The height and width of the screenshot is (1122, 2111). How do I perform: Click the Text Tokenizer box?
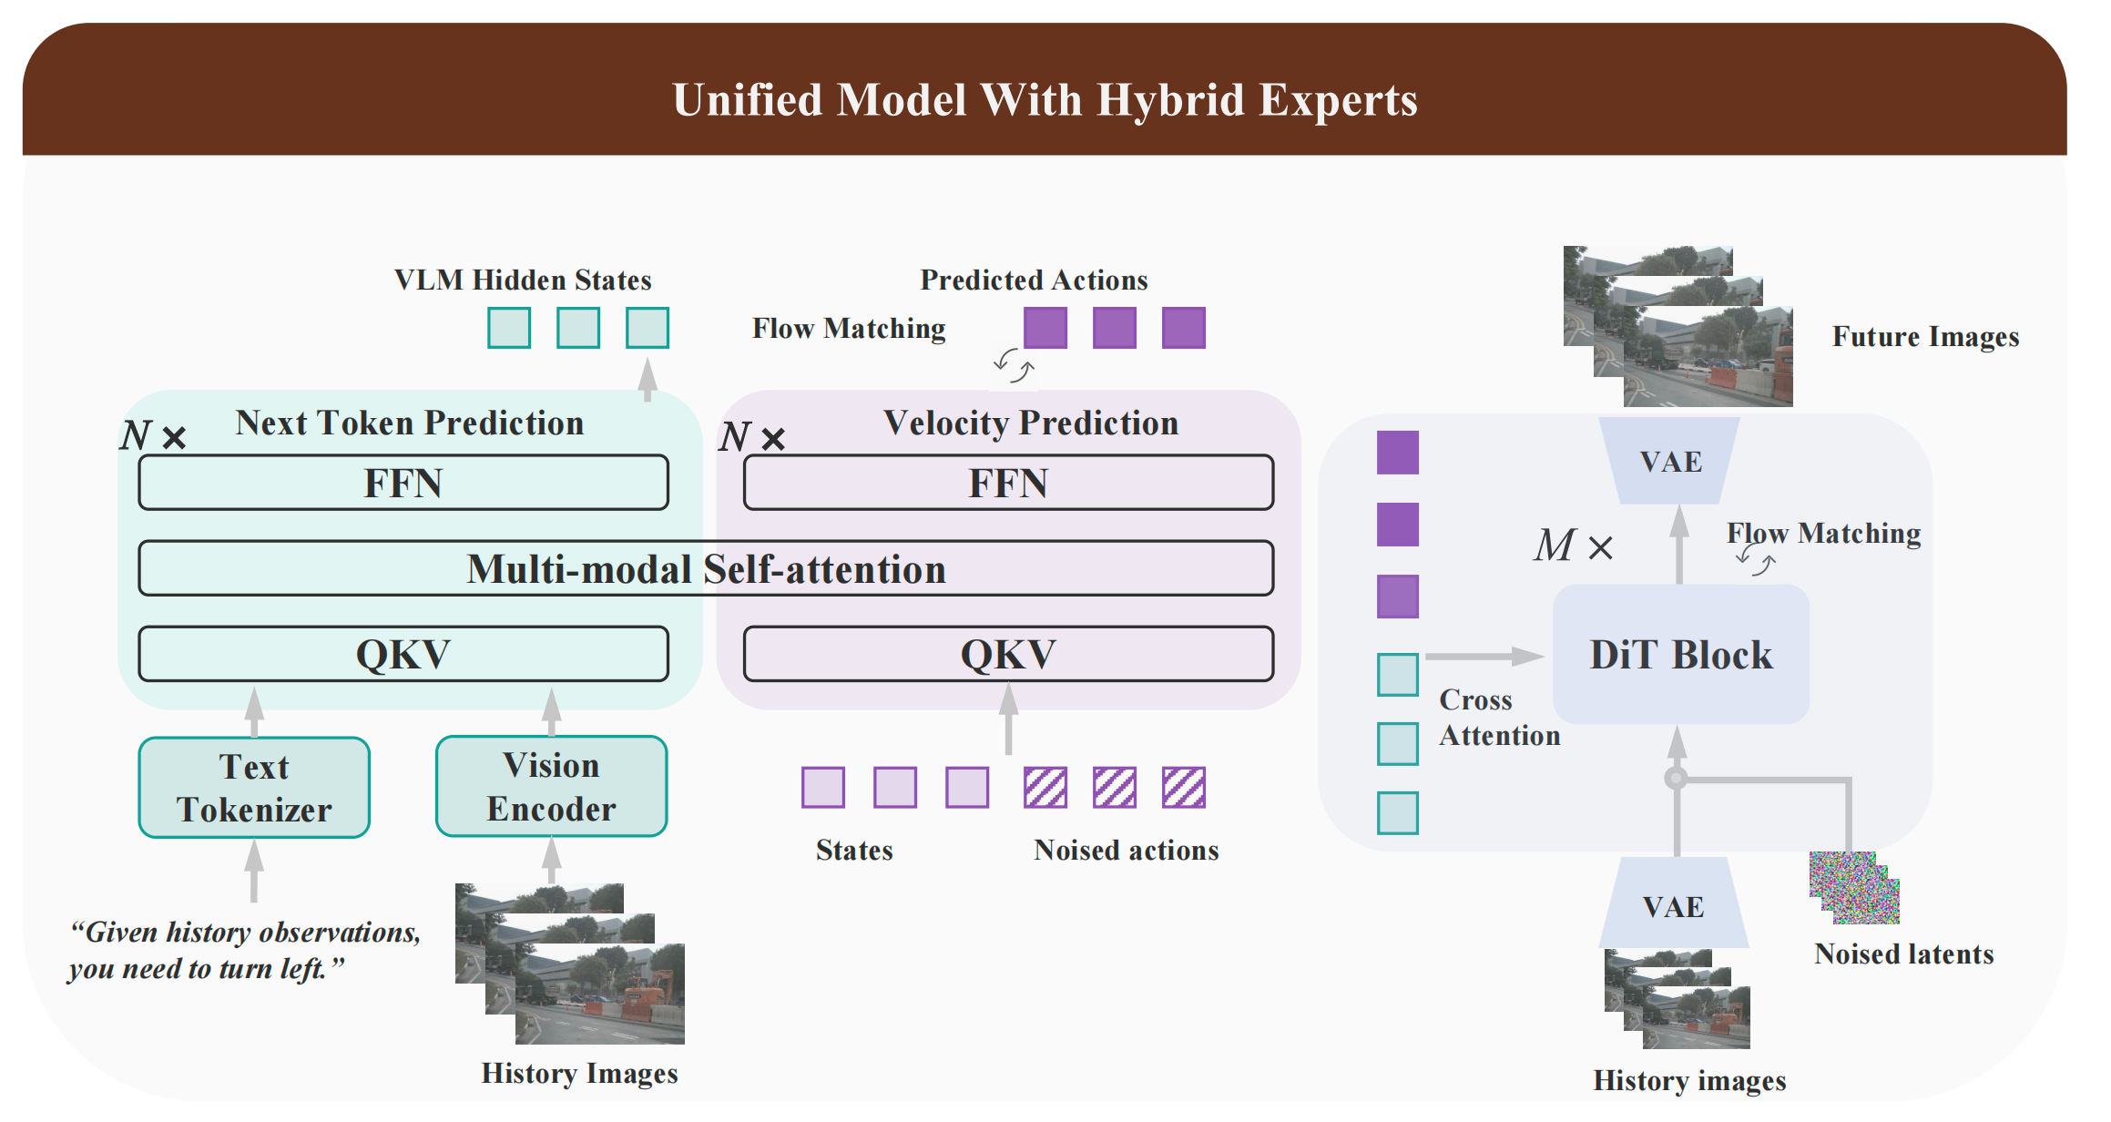tap(254, 788)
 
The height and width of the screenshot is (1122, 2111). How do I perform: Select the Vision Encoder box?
tap(551, 787)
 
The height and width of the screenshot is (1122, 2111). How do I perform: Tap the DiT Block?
tap(1680, 655)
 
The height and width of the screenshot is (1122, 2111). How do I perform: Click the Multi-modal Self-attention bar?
tap(706, 569)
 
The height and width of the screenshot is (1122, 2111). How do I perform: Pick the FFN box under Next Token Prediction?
tap(403, 483)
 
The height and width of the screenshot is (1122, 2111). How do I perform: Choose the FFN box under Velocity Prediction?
tap(1008, 483)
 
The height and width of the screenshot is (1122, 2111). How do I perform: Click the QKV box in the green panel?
tap(403, 654)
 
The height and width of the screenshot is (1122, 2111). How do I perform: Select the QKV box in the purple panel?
tap(1008, 654)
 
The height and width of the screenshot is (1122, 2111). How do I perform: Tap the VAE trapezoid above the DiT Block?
tap(1670, 461)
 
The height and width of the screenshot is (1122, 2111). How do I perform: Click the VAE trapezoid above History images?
tap(1673, 905)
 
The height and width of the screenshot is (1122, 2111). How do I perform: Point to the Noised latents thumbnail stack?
tap(1854, 887)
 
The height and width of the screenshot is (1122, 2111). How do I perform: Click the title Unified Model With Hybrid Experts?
tap(1045, 100)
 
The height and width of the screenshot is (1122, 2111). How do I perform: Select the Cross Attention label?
tap(1499, 718)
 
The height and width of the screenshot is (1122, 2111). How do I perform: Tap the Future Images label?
tap(1925, 337)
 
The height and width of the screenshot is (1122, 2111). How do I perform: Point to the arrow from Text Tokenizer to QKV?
tap(255, 712)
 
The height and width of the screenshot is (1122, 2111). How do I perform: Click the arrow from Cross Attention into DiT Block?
tap(1484, 656)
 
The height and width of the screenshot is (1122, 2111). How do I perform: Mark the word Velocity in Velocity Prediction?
tap(946, 423)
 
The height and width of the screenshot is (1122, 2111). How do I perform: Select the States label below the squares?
tap(854, 850)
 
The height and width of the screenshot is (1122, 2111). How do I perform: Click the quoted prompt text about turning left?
tap(244, 950)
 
